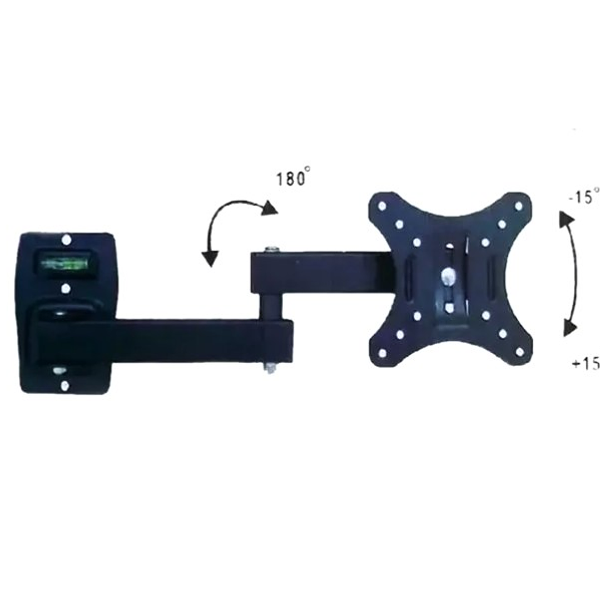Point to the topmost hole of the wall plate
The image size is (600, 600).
point(66,239)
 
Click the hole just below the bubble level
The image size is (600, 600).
point(66,289)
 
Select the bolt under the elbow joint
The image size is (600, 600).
point(271,368)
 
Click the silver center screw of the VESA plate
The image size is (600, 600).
point(448,275)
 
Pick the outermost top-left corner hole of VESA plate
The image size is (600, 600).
point(381,206)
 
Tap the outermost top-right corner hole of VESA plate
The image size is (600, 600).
point(518,206)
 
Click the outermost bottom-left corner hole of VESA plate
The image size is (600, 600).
point(381,353)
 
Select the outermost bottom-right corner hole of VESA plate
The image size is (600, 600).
point(519,352)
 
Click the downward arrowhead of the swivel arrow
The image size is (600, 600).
point(209,259)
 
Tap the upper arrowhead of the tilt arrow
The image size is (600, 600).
point(567,219)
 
